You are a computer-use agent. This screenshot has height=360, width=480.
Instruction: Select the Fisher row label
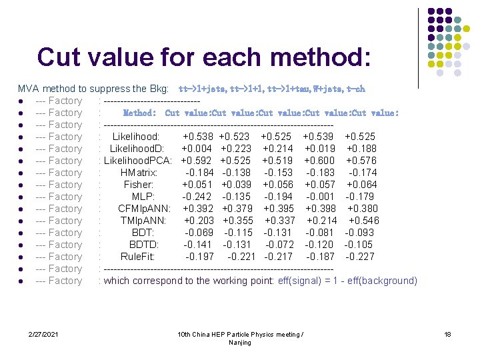[139, 185]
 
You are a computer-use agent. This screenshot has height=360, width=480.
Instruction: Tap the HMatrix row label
[139, 173]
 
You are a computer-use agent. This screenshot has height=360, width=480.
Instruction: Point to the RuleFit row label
[139, 257]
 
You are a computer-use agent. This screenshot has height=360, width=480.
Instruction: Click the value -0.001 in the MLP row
[321, 197]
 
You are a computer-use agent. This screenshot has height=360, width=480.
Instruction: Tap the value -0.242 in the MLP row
[197, 197]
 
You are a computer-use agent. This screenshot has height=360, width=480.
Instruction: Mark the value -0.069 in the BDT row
[199, 233]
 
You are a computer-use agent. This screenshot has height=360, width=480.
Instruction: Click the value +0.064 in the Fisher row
[362, 185]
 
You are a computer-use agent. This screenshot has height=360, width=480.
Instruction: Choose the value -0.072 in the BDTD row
[279, 245]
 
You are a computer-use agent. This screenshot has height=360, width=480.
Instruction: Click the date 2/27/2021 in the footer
[44, 333]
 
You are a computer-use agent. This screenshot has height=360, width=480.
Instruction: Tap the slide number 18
[447, 333]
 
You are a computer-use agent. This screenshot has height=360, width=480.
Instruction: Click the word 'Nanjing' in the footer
[240, 343]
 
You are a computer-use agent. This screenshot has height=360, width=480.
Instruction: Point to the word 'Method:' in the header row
[140, 113]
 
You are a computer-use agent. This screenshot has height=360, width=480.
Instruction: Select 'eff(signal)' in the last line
[301, 281]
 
